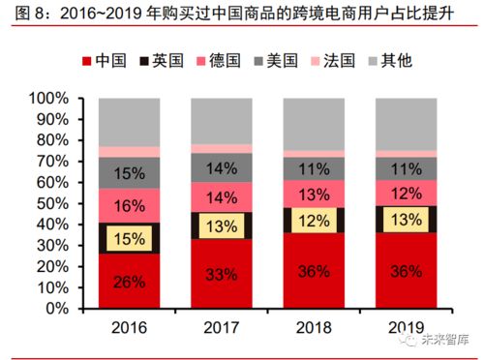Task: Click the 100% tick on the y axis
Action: click(49, 99)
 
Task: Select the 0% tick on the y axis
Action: click(58, 309)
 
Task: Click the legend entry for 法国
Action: click(336, 61)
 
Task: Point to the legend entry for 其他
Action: click(395, 61)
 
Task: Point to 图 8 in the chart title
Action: click(23, 13)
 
